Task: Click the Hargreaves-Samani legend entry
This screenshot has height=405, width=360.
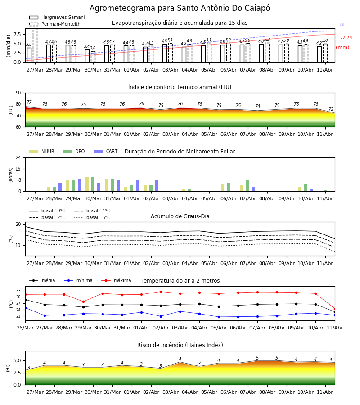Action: coord(57,17)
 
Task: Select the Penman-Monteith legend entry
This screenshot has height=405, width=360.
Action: coord(55,24)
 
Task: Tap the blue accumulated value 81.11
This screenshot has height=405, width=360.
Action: coord(346,25)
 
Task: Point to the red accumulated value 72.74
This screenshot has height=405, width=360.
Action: coord(346,37)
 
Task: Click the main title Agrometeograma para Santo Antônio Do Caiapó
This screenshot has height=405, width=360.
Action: coord(180,8)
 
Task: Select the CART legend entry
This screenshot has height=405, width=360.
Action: coord(106,151)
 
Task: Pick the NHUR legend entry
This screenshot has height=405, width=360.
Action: coord(42,151)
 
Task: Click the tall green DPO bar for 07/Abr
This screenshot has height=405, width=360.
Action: coord(248,186)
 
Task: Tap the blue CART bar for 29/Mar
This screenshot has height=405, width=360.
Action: coord(80,185)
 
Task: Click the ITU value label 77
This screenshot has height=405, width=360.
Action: coord(29,102)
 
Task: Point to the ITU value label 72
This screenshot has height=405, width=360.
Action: coord(331,109)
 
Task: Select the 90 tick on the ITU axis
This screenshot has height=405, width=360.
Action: coord(18,93)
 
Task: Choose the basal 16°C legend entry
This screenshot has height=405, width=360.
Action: coord(92,217)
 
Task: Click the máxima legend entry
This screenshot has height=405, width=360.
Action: coord(116,280)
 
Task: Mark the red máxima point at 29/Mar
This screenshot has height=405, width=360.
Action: coord(83,301)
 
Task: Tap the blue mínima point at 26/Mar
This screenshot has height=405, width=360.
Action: coord(25,308)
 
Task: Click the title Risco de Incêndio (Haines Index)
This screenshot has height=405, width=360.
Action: coord(180,345)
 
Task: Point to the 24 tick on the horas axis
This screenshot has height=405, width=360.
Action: coord(18,158)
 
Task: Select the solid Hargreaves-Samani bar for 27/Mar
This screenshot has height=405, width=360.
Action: coord(29,55)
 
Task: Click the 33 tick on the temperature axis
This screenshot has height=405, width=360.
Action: coord(18,291)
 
